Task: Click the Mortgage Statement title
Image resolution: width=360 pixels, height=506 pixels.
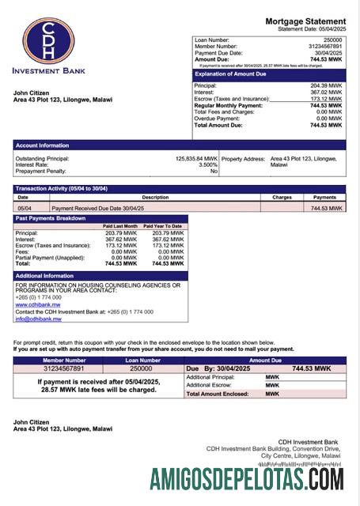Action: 305,21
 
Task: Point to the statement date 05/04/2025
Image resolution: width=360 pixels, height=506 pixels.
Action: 332,29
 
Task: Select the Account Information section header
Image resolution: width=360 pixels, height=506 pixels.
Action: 41,145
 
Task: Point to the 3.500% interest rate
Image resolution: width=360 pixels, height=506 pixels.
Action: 207,164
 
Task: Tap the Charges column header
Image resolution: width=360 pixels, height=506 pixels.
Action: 282,197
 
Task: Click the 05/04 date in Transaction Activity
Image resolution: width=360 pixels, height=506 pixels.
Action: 25,208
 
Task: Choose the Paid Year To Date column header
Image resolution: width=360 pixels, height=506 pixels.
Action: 163,226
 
